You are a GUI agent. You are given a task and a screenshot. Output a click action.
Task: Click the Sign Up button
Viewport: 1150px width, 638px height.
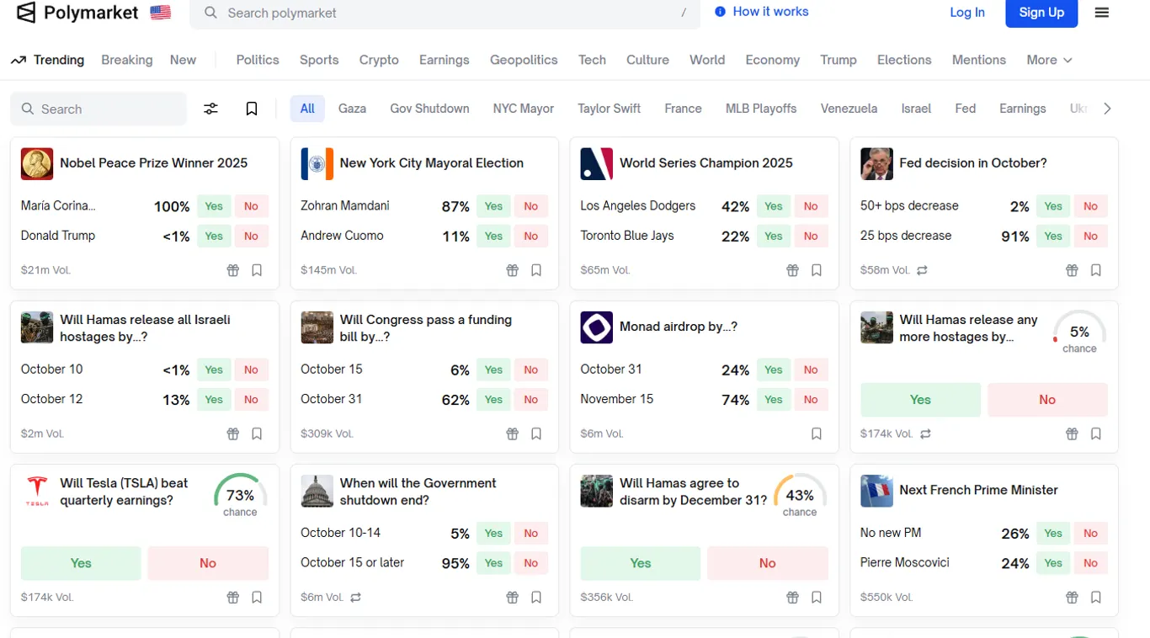point(1041,13)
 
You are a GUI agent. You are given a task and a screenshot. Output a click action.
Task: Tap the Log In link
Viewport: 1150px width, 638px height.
point(967,13)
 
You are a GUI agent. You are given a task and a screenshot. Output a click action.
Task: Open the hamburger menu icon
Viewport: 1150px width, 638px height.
point(1102,13)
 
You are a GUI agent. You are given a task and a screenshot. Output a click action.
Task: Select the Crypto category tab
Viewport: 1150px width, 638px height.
point(379,60)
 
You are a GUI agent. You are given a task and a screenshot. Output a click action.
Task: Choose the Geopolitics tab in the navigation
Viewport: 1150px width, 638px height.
point(524,60)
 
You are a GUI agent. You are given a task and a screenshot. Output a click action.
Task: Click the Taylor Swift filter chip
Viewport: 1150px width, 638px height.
point(609,109)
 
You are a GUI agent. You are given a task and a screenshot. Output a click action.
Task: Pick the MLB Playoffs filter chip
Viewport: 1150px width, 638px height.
point(761,109)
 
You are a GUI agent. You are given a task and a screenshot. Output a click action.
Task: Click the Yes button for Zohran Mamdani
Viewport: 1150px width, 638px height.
point(493,206)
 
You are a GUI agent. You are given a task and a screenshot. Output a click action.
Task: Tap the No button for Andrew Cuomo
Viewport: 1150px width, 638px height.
point(531,237)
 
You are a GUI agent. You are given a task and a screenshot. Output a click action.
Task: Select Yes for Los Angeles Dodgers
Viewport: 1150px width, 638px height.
point(773,206)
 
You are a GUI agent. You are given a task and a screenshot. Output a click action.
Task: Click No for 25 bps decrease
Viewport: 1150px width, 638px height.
point(1090,237)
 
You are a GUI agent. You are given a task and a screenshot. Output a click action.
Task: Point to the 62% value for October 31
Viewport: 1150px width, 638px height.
point(455,400)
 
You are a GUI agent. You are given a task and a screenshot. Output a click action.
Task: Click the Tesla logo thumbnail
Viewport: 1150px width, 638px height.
point(37,492)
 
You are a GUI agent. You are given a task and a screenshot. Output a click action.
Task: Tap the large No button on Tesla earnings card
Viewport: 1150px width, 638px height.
point(208,563)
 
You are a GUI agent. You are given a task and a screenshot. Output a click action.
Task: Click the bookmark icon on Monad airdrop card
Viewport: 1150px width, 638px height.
point(817,433)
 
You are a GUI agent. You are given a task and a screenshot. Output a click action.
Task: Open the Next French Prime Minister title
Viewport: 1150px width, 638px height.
point(978,490)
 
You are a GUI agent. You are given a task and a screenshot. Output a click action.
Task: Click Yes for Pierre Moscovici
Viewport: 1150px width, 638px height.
point(1053,563)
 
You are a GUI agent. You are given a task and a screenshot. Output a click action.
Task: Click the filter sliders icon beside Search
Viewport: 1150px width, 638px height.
point(210,109)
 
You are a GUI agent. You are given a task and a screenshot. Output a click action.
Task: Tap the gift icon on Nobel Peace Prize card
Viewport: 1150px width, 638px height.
point(233,270)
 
